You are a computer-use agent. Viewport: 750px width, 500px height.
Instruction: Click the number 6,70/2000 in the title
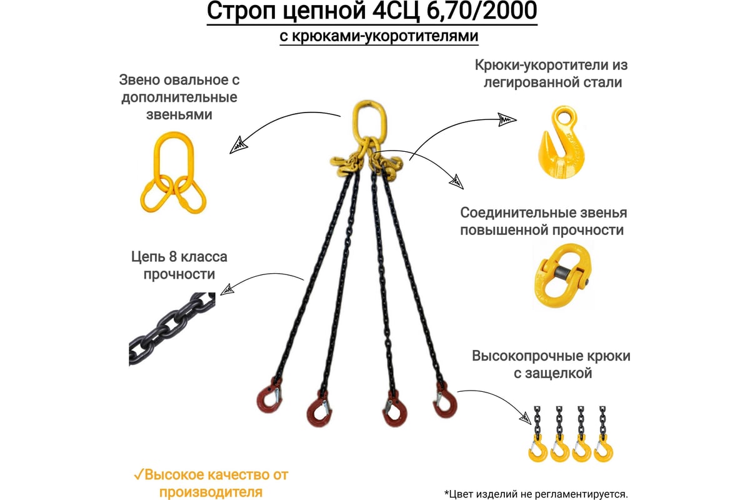click(x=482, y=11)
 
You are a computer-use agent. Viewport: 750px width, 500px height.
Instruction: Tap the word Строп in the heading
click(x=242, y=12)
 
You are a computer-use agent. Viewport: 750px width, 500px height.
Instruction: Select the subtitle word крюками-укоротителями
click(x=385, y=36)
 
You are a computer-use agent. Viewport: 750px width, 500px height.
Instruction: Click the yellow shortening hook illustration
click(x=561, y=142)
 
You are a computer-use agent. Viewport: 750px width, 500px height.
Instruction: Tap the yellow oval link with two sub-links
click(x=173, y=172)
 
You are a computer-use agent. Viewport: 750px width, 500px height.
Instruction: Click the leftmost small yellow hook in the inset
click(x=537, y=449)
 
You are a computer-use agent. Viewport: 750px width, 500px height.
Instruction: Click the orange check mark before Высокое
click(x=138, y=474)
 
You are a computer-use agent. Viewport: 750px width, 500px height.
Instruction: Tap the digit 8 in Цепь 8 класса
click(x=172, y=257)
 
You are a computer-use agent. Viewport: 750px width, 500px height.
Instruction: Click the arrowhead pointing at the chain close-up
click(x=227, y=289)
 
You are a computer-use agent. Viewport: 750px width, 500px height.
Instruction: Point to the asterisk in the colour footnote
click(x=447, y=492)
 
